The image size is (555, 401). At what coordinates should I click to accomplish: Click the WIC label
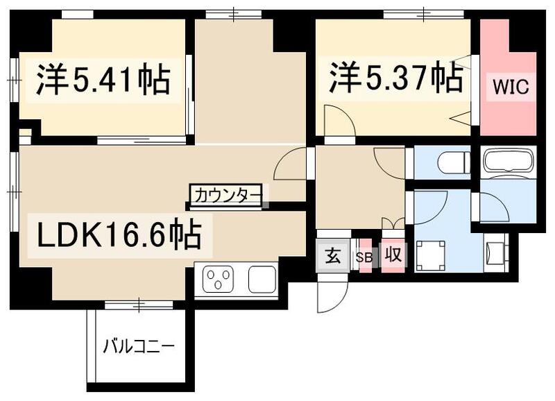(511, 87)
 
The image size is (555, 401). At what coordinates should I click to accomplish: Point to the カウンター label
(226, 195)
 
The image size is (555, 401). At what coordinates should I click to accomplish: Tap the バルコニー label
(139, 344)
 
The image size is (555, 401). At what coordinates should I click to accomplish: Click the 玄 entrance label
(332, 256)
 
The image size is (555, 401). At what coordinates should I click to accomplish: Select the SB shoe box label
(364, 257)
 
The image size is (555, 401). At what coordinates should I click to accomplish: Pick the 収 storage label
(393, 256)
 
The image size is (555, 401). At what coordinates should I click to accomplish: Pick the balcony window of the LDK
(139, 304)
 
